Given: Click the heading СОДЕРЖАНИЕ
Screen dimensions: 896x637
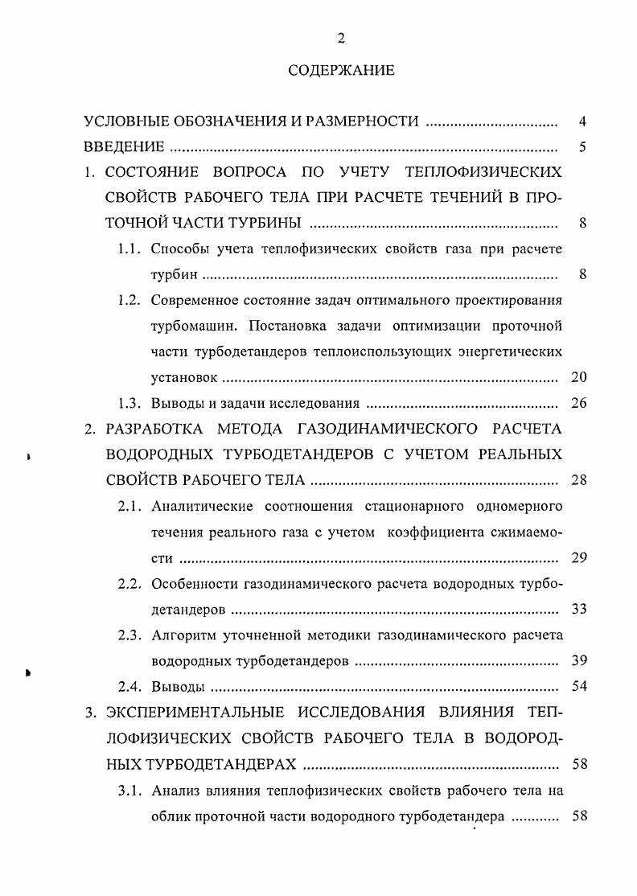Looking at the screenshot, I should (342, 71).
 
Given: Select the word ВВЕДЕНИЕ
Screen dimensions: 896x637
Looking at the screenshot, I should (125, 146).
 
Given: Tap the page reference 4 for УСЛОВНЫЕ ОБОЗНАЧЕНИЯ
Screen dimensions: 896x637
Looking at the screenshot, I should (582, 122).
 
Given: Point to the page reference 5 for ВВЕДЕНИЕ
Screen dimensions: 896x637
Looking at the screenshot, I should (582, 146).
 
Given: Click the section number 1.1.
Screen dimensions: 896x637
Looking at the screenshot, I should (130, 249).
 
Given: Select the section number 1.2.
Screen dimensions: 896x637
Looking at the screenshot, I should (130, 300).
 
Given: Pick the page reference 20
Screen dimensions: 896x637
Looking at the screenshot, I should (578, 376).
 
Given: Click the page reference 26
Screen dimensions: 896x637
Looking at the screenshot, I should (578, 403).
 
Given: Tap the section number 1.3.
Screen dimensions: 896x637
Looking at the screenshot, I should (130, 403).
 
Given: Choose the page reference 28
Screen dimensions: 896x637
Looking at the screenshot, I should (578, 480).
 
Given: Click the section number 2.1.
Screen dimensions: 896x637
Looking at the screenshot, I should (130, 505).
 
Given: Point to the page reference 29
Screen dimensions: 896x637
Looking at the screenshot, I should (578, 557).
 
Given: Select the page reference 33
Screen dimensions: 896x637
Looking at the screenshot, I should (578, 608).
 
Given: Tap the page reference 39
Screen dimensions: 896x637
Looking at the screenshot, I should (578, 660).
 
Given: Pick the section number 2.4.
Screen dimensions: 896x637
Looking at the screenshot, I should (130, 686).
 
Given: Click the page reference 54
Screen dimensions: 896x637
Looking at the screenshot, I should (578, 686).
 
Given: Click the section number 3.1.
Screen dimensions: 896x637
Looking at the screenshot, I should (130, 789).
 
